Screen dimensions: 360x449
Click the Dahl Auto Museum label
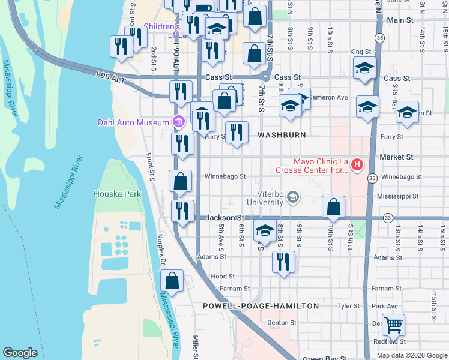(134, 123)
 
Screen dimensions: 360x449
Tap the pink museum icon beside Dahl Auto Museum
(178, 122)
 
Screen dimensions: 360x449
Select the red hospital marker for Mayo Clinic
(358, 163)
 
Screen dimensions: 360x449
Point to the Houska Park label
(117, 194)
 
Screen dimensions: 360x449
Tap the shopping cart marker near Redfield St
(393, 325)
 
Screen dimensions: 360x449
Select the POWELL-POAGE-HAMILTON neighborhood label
(261, 306)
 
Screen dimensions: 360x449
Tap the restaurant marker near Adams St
(283, 262)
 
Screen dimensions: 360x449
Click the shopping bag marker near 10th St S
(333, 207)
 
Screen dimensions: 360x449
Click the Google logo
(20, 352)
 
